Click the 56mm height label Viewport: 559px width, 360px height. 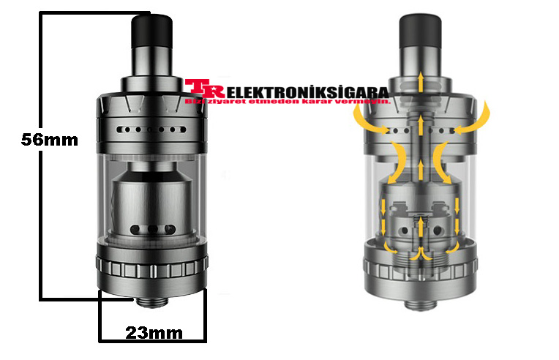(49, 139)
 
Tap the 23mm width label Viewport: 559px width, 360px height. (153, 333)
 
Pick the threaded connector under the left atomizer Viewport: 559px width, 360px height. (152, 301)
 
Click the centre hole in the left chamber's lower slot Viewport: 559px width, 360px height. (152, 230)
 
